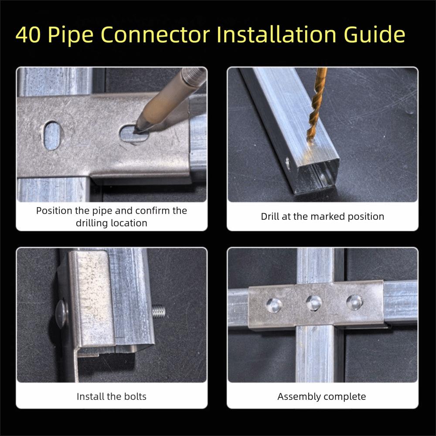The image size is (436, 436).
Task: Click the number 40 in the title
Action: tap(29, 35)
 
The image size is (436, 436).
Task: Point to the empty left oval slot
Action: tap(52, 135)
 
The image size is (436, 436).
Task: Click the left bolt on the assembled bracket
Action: tap(274, 305)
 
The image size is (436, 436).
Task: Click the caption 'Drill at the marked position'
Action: tap(322, 216)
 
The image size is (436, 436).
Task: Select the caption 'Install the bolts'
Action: tap(111, 396)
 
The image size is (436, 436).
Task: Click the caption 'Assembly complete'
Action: tap(322, 396)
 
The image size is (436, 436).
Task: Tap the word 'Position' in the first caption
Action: tap(54, 211)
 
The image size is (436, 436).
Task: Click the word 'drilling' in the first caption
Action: tap(93, 223)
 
